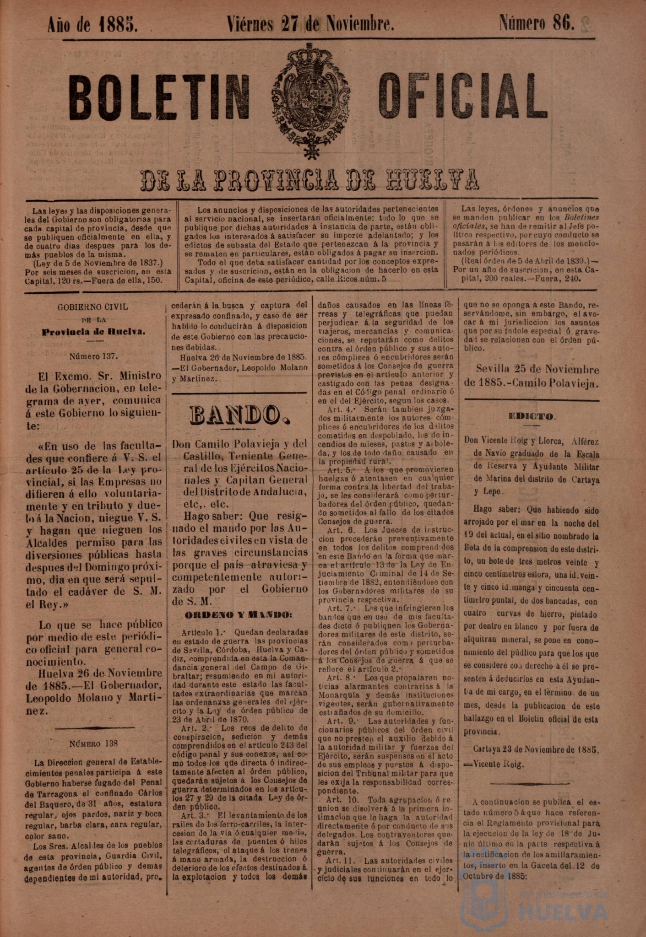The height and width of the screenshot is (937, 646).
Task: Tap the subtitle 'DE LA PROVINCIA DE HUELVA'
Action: [x=311, y=180]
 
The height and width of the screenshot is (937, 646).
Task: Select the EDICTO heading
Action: [x=532, y=417]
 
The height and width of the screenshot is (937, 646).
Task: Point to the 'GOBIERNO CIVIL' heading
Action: [x=93, y=307]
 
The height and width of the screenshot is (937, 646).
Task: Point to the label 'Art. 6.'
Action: [x=339, y=530]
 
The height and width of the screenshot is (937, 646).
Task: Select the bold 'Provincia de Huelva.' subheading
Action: [x=93, y=331]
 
